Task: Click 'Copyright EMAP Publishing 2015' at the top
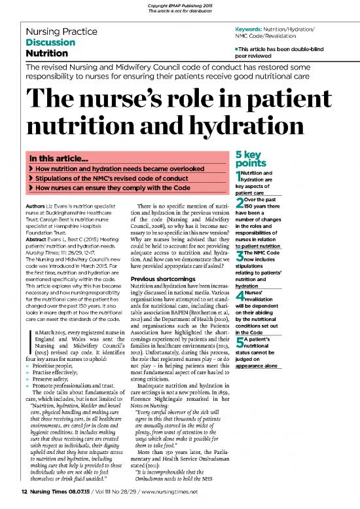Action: point(179,5)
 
